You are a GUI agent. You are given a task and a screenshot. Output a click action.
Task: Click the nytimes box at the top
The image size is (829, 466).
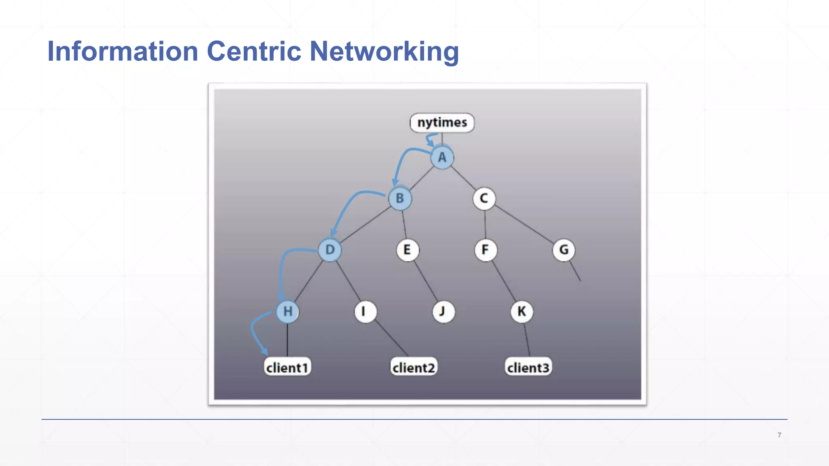442,123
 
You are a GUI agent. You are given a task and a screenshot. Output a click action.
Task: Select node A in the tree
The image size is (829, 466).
442,157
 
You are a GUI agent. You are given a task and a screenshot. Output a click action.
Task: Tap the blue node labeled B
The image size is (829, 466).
400,199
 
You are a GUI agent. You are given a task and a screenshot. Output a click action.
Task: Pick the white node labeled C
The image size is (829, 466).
484,199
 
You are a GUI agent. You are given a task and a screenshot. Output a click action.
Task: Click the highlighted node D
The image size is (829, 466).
330,250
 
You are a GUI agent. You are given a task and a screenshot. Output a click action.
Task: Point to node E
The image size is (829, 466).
407,250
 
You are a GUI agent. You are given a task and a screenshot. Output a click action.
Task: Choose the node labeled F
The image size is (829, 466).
485,250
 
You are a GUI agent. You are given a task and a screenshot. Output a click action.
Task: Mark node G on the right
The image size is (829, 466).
563,250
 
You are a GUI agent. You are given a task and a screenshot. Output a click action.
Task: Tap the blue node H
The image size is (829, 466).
288,311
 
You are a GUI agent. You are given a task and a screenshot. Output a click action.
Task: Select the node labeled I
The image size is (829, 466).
365,311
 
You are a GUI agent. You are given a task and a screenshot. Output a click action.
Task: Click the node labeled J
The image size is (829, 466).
443,311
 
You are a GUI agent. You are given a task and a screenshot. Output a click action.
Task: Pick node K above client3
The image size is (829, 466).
521,311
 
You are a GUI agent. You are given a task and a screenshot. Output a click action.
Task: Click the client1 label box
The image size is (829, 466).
287,367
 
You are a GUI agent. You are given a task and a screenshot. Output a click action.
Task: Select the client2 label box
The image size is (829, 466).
414,367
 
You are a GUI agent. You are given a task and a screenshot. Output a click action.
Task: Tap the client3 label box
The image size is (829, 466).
528,367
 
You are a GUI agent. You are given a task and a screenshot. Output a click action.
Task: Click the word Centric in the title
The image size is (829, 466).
254,51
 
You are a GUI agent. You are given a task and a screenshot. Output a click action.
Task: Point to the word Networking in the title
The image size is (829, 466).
384,51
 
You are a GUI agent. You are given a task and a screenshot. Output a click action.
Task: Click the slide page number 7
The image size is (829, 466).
779,435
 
